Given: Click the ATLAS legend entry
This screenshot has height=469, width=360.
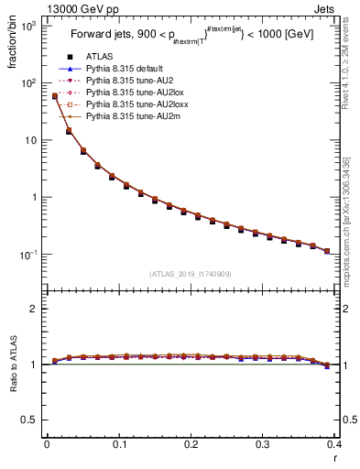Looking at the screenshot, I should (x=98, y=57).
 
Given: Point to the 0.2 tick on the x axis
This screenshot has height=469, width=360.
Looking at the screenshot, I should (x=191, y=444).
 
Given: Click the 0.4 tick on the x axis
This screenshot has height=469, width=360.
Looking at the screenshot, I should (x=334, y=444).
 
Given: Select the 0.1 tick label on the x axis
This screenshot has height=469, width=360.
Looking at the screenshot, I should (x=118, y=444).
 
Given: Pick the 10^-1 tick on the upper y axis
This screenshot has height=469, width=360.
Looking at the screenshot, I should (x=30, y=254).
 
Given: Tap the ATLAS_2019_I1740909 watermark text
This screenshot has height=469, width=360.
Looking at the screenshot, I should (x=191, y=273).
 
